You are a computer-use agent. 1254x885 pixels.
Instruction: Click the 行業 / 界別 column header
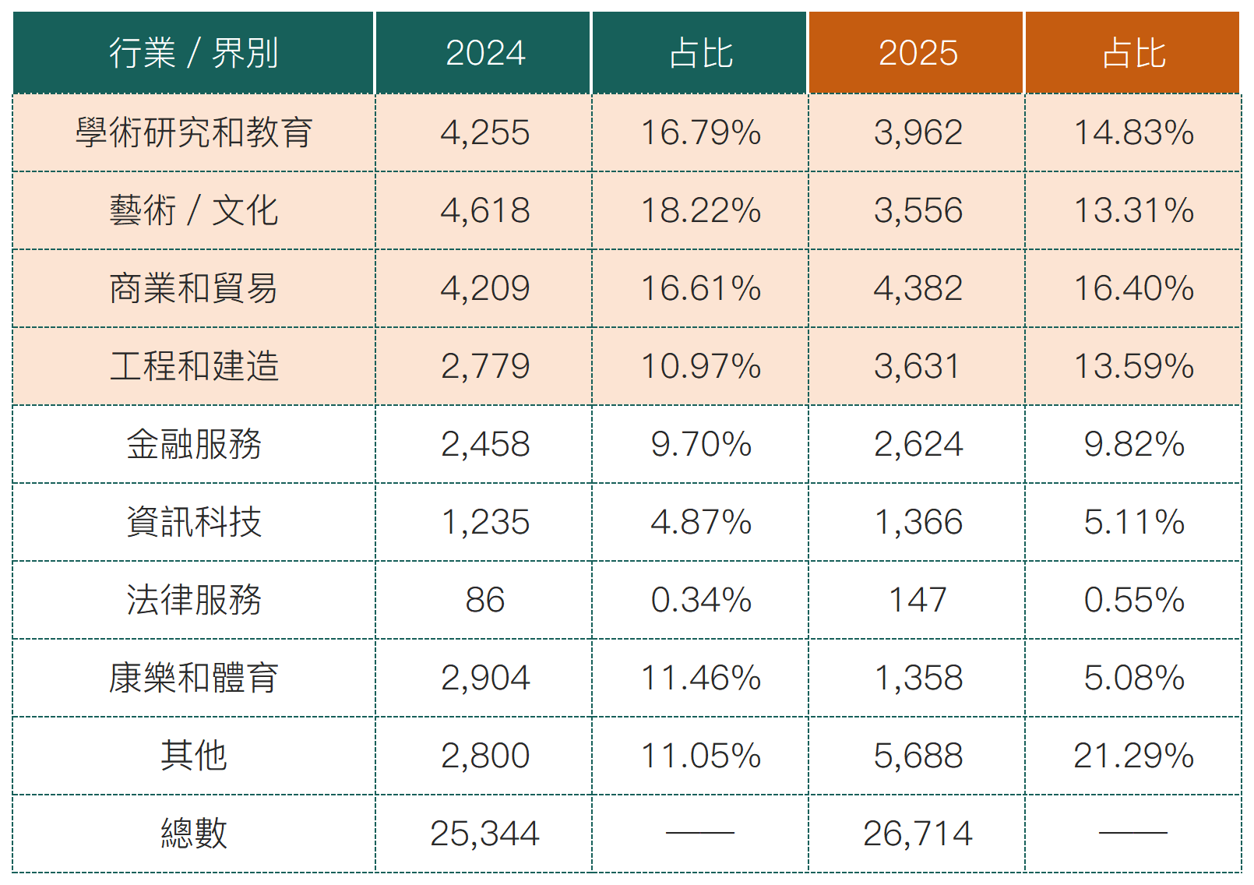pyautogui.click(x=193, y=53)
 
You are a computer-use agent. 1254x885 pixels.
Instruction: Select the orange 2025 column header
pyautogui.click(x=918, y=53)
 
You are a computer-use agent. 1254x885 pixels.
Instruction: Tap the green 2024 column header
pyautogui.click(x=484, y=53)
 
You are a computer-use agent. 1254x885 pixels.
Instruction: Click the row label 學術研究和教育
pyautogui.click(x=193, y=132)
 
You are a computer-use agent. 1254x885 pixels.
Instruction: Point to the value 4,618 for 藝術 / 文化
pyautogui.click(x=484, y=210)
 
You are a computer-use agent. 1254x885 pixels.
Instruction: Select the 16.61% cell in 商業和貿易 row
pyautogui.click(x=700, y=288)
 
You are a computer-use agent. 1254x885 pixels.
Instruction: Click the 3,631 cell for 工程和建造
pyautogui.click(x=918, y=366)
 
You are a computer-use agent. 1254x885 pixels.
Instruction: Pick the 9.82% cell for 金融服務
pyautogui.click(x=1133, y=444)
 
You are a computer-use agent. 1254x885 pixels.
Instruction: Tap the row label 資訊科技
pyautogui.click(x=193, y=522)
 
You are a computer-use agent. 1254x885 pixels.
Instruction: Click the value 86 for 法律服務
pyautogui.click(x=484, y=600)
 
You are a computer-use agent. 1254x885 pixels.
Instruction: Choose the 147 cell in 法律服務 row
pyautogui.click(x=918, y=600)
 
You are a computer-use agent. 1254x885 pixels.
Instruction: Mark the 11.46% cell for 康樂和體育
pyautogui.click(x=700, y=678)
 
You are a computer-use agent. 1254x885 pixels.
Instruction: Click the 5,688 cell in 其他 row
pyautogui.click(x=918, y=756)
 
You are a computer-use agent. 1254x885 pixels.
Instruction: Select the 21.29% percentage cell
pyautogui.click(x=1133, y=756)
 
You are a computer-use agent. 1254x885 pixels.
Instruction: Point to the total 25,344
pyautogui.click(x=484, y=834)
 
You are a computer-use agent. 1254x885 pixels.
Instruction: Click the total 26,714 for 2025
pyautogui.click(x=918, y=834)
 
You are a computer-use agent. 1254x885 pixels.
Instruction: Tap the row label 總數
pyautogui.click(x=193, y=834)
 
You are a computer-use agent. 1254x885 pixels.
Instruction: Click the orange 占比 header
pyautogui.click(x=1133, y=53)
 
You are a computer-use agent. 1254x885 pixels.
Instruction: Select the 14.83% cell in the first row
pyautogui.click(x=1133, y=132)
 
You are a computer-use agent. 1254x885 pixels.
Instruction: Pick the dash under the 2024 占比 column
pyautogui.click(x=700, y=833)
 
